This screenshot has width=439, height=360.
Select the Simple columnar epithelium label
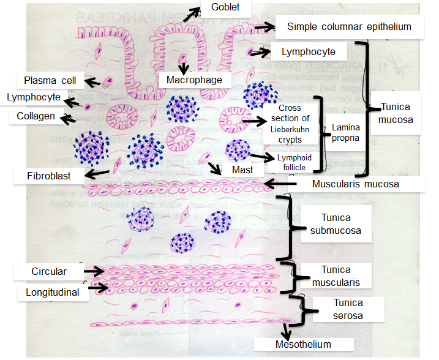tap(348, 27)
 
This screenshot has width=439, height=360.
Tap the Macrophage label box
tap(189, 80)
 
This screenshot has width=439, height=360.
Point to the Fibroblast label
tap(49, 176)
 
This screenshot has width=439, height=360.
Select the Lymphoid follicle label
tap(294, 162)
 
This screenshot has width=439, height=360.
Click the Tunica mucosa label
tap(396, 113)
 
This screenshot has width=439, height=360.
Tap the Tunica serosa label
tap(348, 309)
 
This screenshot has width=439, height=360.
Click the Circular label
tap(50, 271)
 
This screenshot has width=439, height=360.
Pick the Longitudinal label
tap(52, 292)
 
